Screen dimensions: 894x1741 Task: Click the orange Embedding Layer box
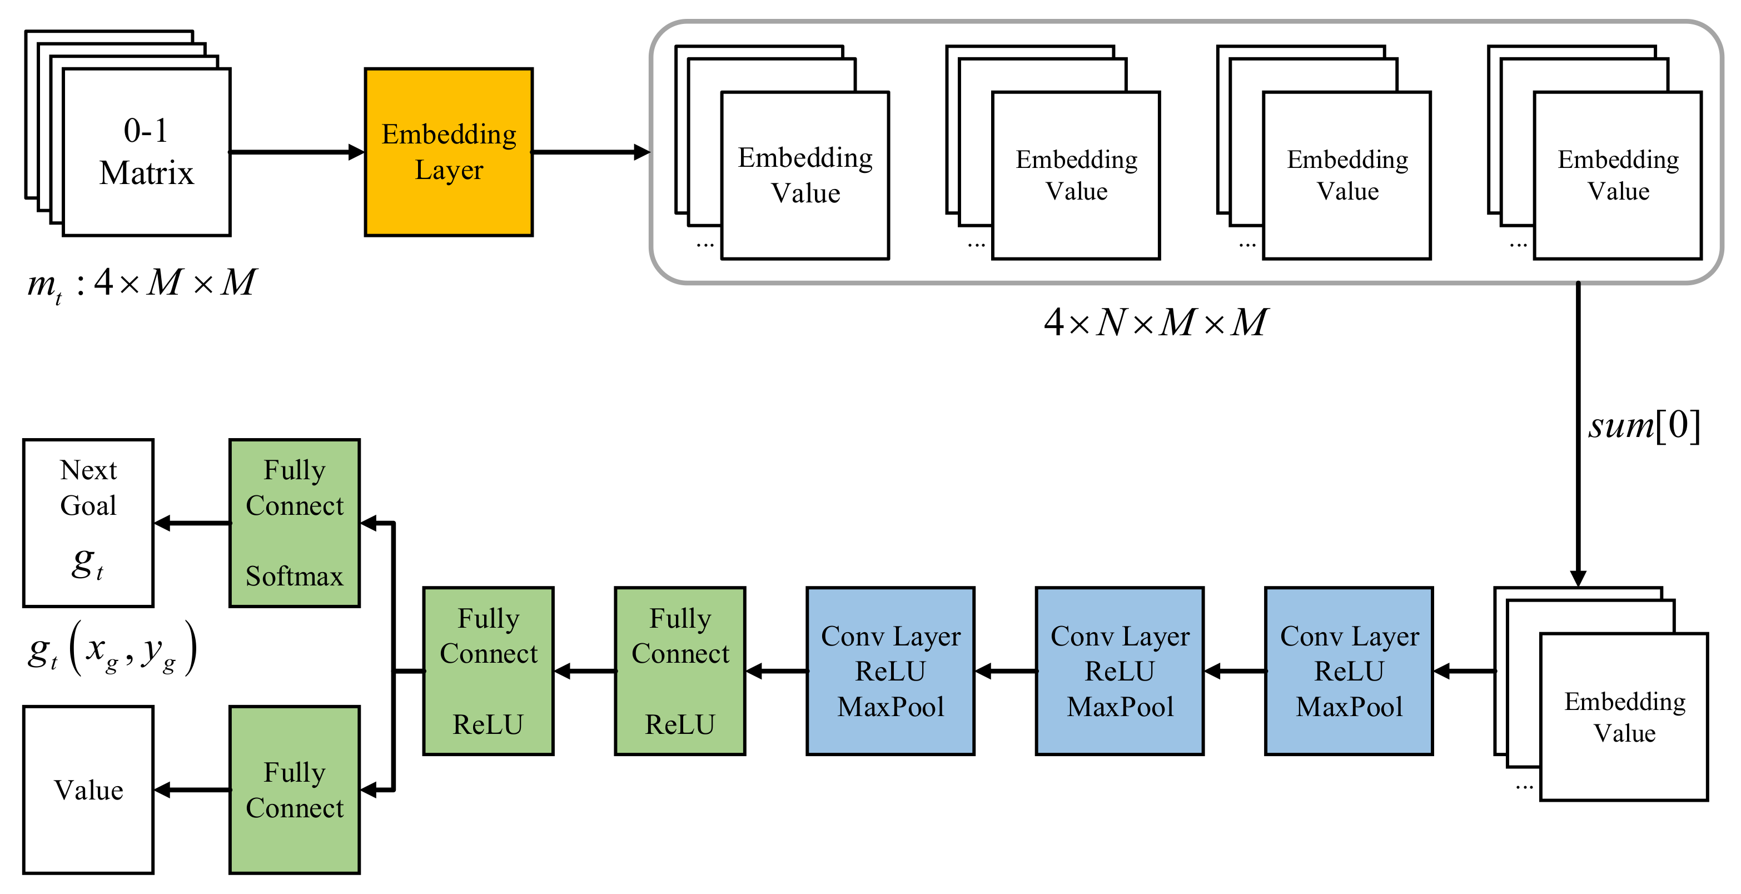point(449,152)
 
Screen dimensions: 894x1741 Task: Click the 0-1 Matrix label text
point(146,152)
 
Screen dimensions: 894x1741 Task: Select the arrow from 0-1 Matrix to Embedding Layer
point(297,152)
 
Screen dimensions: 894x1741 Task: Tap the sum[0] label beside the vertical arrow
point(1644,426)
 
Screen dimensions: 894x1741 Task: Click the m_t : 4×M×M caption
point(141,283)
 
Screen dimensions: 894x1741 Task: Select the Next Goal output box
point(88,523)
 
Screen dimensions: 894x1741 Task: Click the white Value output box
point(88,790)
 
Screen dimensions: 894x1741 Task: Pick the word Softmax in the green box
point(294,577)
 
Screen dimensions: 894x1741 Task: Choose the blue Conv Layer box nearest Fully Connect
point(890,671)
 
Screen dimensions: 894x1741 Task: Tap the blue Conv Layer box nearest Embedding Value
point(1349,671)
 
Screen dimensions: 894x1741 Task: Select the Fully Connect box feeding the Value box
point(294,790)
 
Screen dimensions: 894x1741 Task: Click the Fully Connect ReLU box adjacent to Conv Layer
point(680,671)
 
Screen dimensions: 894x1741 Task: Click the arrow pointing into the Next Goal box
point(193,523)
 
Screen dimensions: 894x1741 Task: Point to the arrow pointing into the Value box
point(193,790)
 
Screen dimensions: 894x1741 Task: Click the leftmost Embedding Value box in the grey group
point(805,176)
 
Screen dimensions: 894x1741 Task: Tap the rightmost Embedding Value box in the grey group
point(1618,176)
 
